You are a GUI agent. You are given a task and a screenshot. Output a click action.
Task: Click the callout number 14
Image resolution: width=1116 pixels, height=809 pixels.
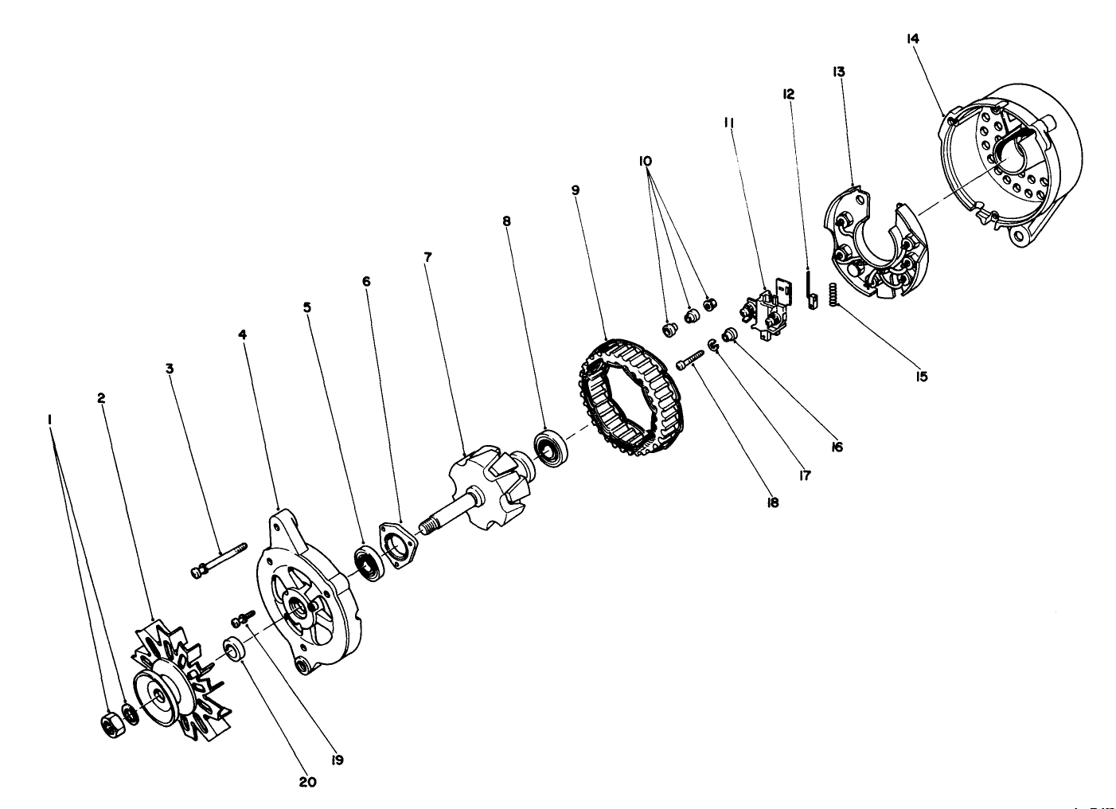point(911,37)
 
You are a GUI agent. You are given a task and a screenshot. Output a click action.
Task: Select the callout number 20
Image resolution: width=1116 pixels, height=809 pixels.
point(307,782)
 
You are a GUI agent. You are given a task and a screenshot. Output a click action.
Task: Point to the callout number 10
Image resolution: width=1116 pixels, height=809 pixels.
point(645,161)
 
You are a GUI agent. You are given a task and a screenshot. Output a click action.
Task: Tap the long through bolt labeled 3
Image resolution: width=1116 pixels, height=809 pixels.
point(219,560)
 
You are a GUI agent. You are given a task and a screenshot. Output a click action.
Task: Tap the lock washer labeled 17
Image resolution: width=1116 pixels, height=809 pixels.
point(713,345)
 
